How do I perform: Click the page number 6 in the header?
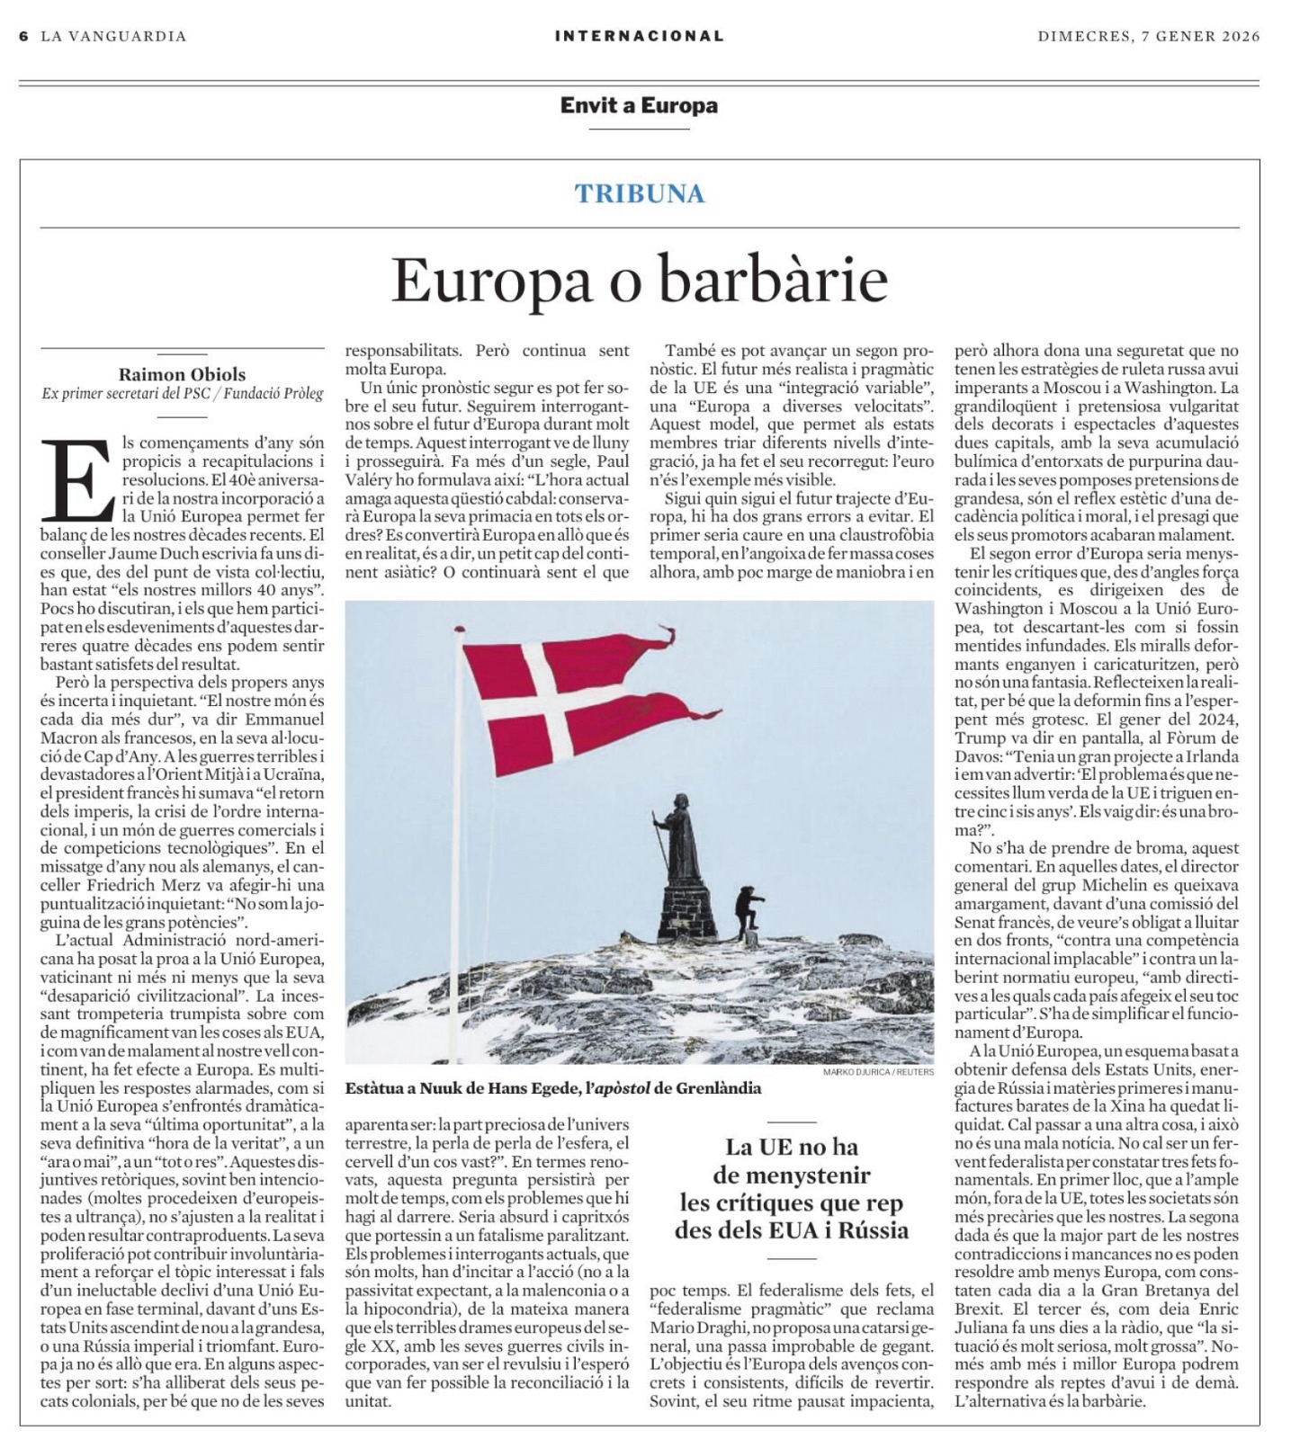coord(23,36)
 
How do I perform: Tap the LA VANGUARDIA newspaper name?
coord(113,36)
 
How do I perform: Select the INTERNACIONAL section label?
coord(639,36)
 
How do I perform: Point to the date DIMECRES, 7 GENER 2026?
coord(1149,36)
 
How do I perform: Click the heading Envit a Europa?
coord(639,105)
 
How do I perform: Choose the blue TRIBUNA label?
coord(640,193)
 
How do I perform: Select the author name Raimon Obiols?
coord(182,374)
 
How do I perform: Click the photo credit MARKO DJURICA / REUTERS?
coord(878,1071)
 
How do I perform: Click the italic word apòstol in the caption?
coord(618,1088)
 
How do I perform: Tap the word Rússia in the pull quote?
coord(870,1229)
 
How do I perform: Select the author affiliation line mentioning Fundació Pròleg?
coord(182,394)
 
